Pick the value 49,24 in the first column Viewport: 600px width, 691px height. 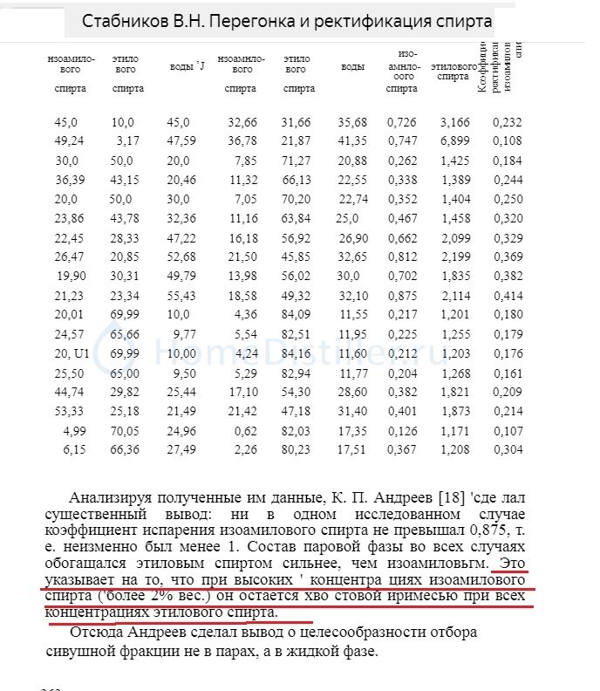(66, 140)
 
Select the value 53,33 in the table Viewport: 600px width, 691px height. (66, 411)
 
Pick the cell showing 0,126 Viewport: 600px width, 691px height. (402, 431)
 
